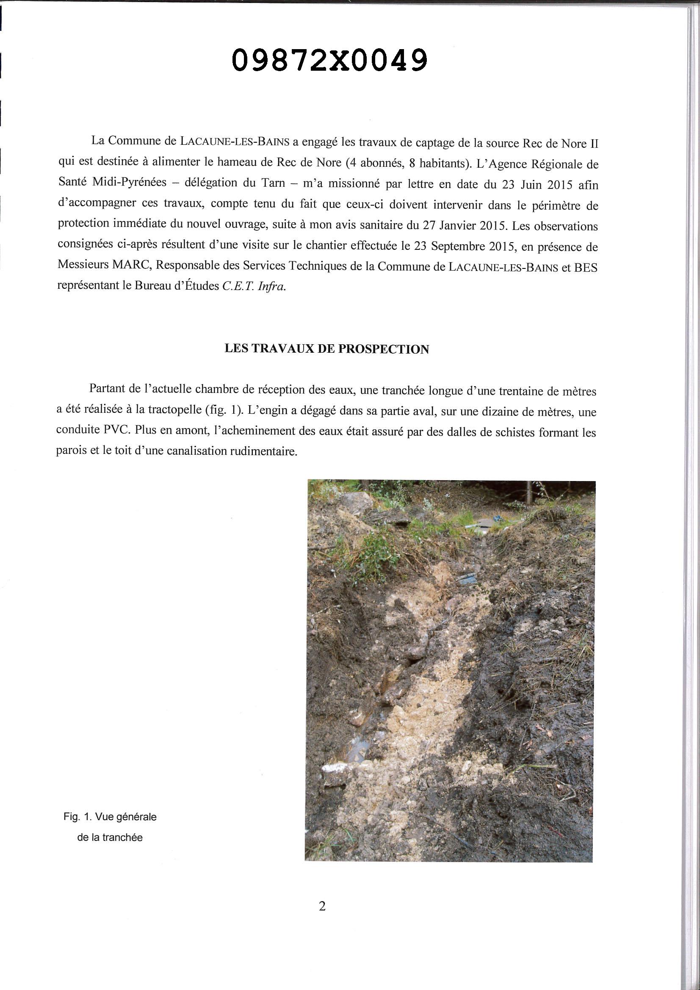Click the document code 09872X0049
point(329,60)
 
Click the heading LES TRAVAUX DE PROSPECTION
point(326,349)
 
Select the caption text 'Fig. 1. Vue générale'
point(110,817)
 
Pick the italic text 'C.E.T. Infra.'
point(254,286)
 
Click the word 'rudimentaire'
point(260,451)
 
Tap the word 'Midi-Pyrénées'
point(130,182)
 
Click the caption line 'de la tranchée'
point(110,838)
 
